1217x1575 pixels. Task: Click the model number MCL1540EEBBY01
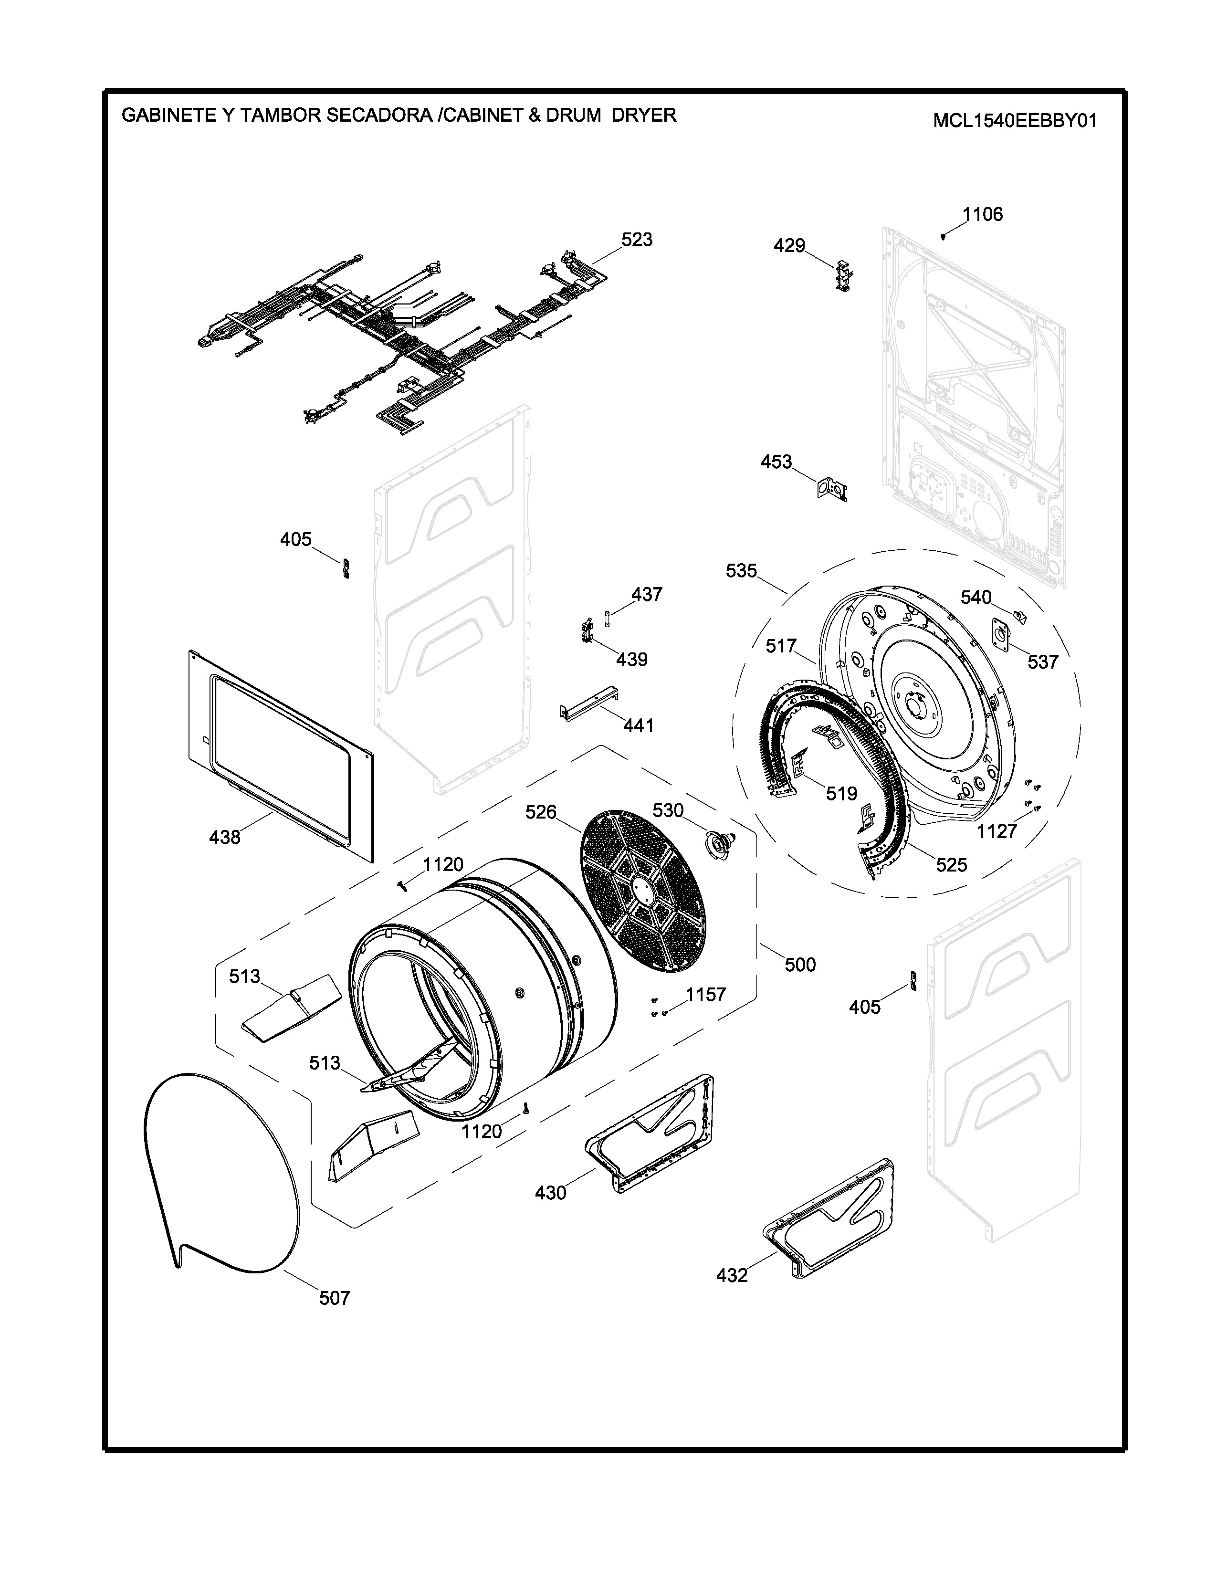click(x=1015, y=120)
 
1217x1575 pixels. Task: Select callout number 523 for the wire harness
click(x=637, y=240)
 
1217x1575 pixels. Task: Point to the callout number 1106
click(x=983, y=214)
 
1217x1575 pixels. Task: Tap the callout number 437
click(x=647, y=594)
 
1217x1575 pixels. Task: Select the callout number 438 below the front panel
click(x=225, y=837)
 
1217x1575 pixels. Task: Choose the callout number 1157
click(x=705, y=995)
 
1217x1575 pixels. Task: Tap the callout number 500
click(x=799, y=964)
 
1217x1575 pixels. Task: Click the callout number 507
click(x=335, y=1298)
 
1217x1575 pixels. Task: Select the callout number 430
click(x=551, y=1193)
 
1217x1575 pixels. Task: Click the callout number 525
click(x=951, y=865)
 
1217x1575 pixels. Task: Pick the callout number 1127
click(x=997, y=831)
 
